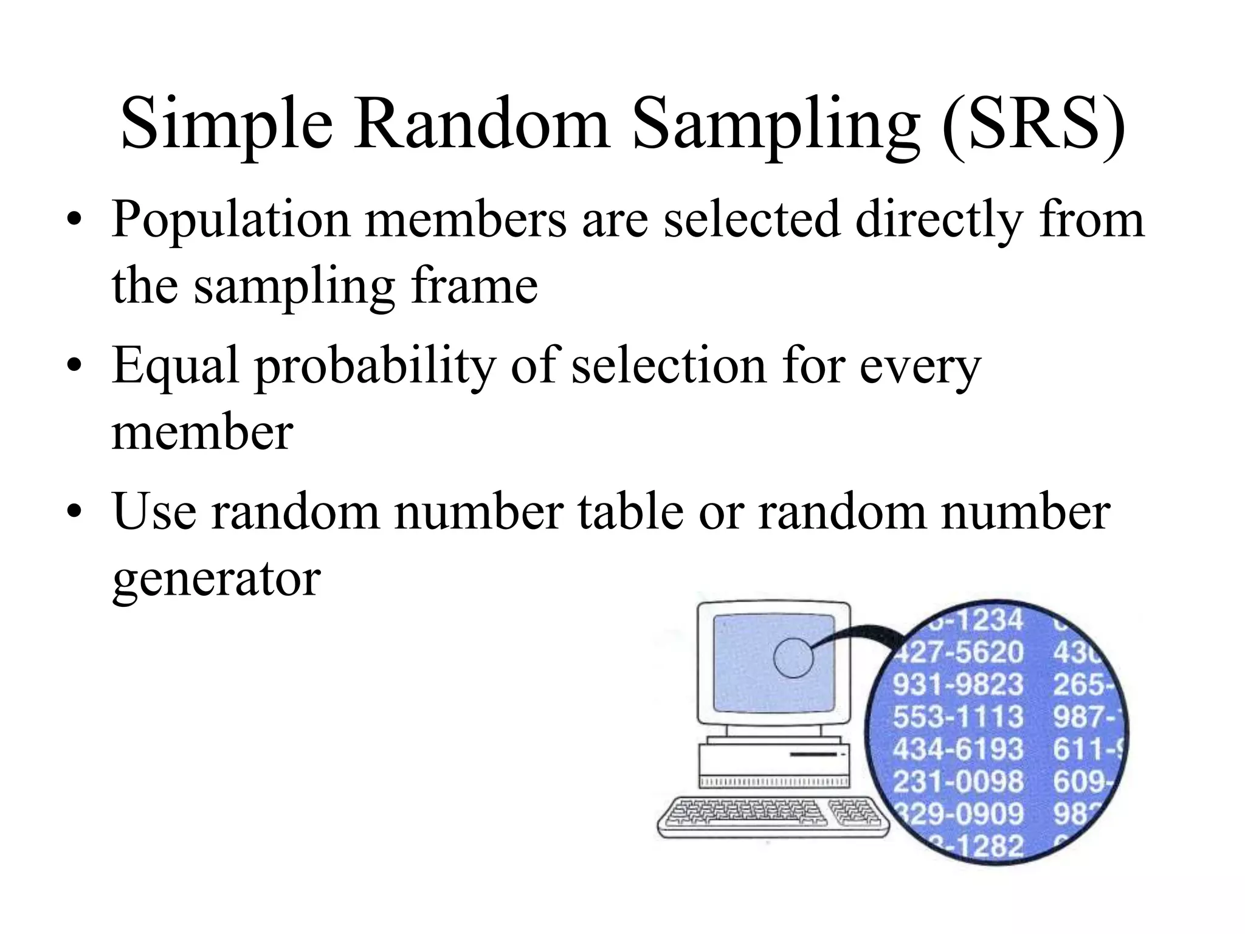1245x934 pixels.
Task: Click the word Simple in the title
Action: tap(226, 125)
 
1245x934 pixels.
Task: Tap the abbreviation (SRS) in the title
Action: tap(1033, 125)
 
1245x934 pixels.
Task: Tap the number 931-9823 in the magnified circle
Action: tap(958, 685)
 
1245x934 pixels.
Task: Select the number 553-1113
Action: tap(958, 717)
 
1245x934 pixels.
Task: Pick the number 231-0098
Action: tap(958, 781)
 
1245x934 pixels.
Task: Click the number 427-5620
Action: tap(960, 652)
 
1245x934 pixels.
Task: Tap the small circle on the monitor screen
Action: tap(793, 658)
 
